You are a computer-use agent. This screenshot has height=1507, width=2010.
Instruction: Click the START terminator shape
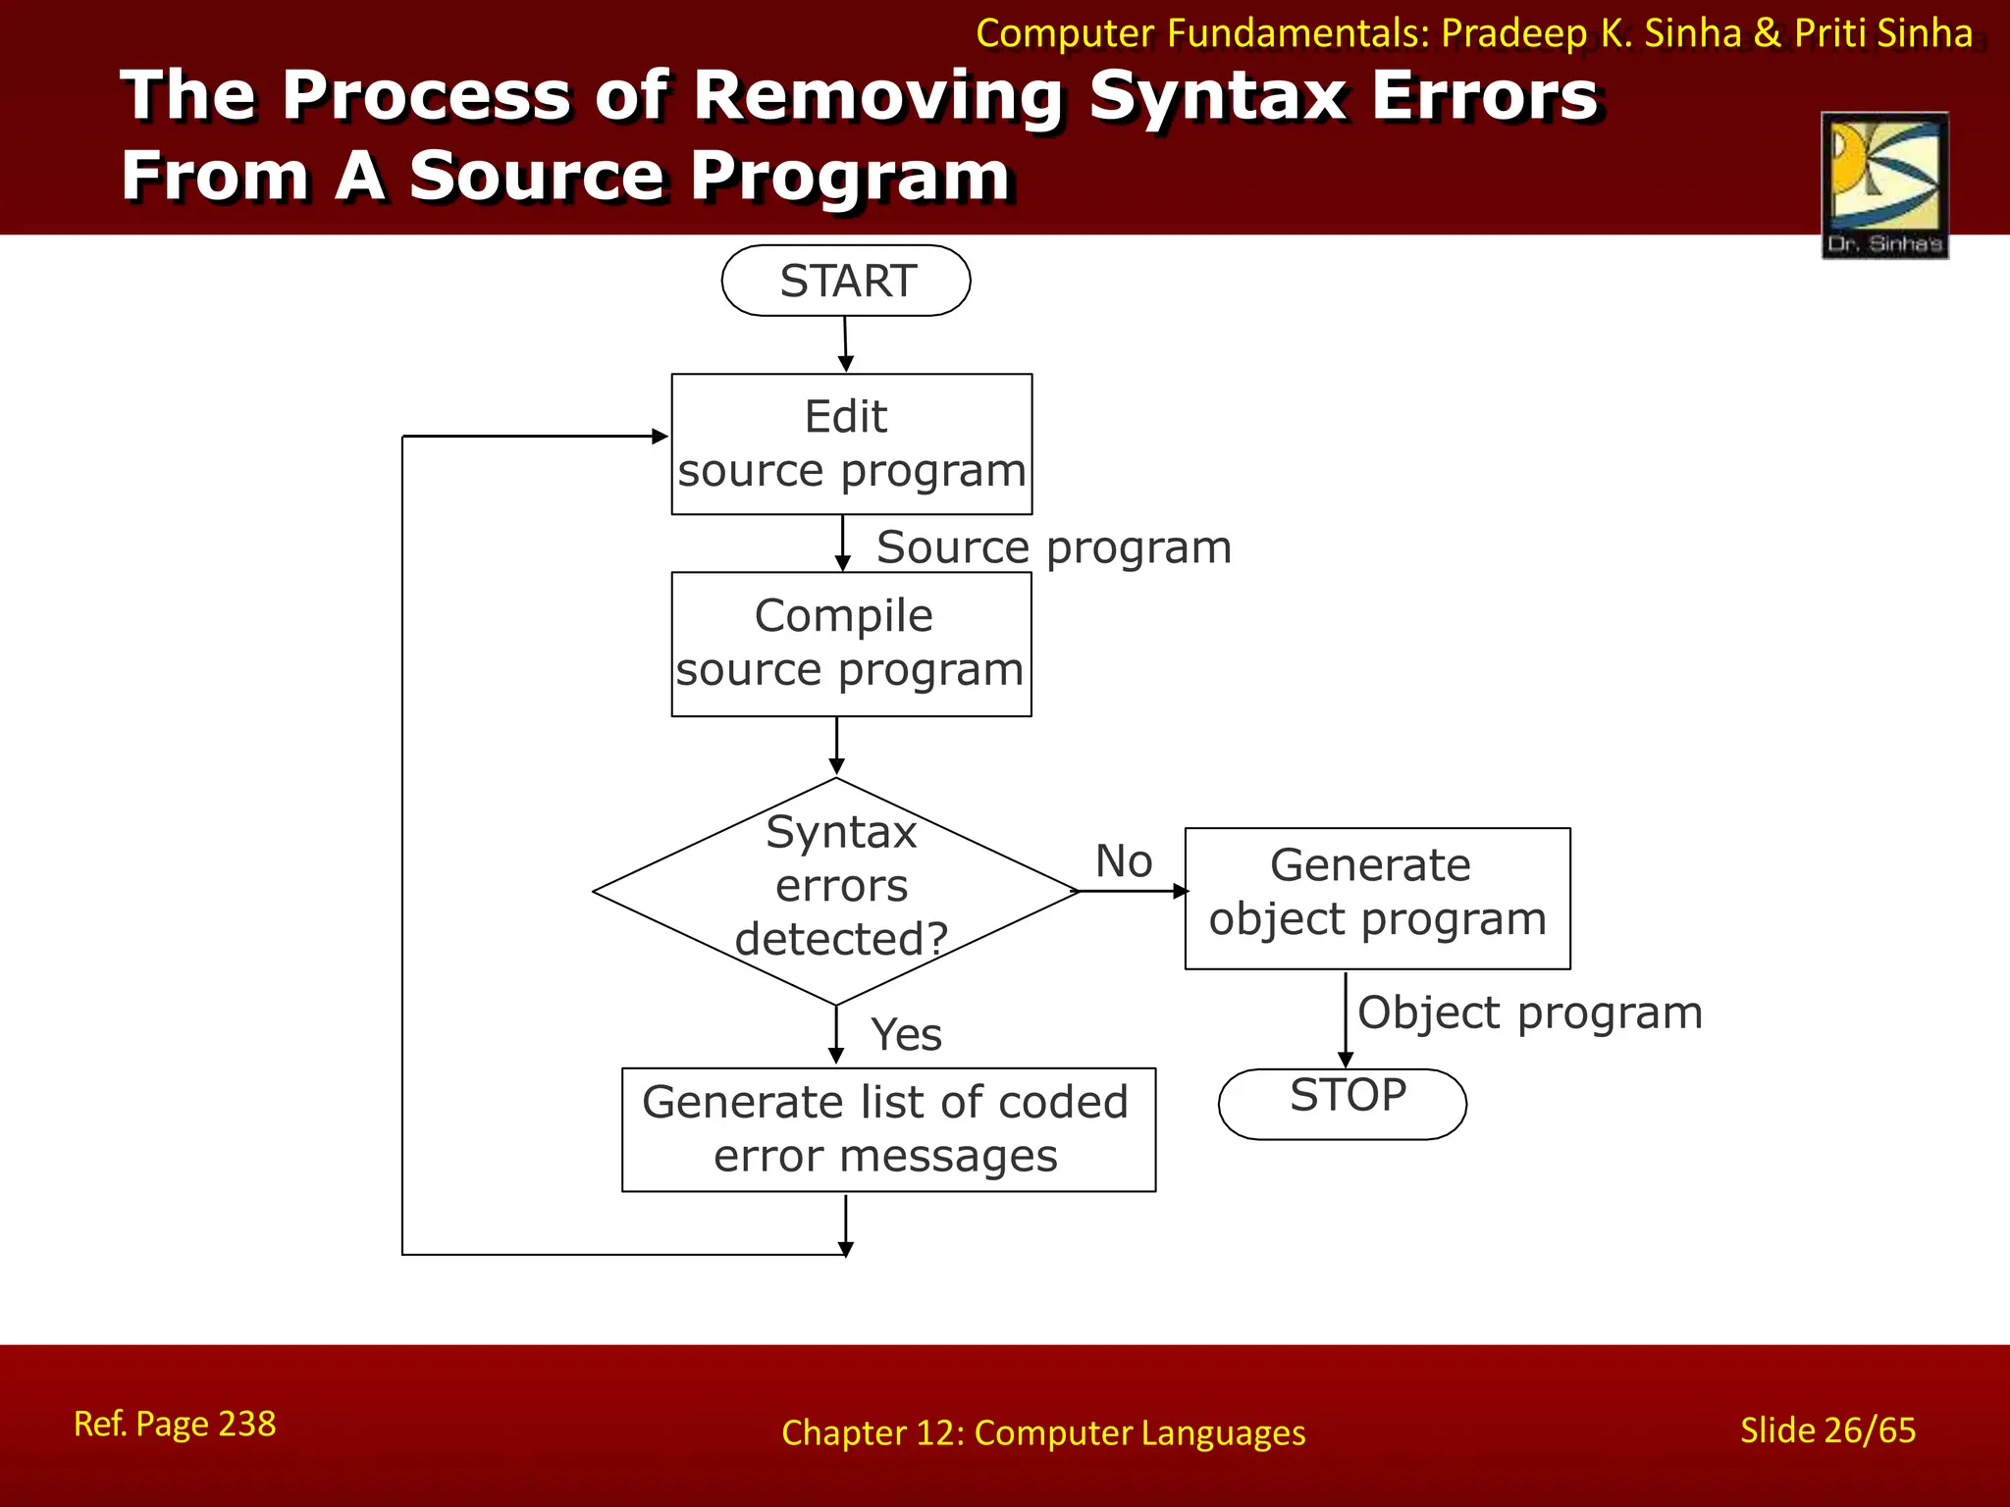(x=846, y=281)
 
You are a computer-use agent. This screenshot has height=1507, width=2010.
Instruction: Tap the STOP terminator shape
(x=1343, y=1103)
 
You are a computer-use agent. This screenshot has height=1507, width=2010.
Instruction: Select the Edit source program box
(x=851, y=443)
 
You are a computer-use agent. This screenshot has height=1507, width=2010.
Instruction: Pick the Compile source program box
(x=851, y=644)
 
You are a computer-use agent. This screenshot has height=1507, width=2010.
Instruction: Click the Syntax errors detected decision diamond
(x=836, y=890)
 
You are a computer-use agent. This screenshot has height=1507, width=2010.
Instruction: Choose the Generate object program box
(x=1377, y=898)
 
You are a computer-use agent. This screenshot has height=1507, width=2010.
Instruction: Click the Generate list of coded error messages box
(x=888, y=1129)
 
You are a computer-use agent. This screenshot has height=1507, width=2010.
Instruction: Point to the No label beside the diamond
(x=1124, y=860)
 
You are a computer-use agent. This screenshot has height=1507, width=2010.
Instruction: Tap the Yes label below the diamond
(x=906, y=1034)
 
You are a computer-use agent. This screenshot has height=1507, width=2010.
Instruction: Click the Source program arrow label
(x=1053, y=546)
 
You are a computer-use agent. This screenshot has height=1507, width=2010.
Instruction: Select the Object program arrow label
(x=1529, y=1012)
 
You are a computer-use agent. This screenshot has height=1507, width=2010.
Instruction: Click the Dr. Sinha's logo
(x=1884, y=184)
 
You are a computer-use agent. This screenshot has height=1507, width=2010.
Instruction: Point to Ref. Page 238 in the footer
(x=175, y=1423)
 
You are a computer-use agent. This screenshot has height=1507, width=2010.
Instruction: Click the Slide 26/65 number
(x=1827, y=1429)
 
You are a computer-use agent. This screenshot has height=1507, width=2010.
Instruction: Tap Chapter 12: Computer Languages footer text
(x=1043, y=1432)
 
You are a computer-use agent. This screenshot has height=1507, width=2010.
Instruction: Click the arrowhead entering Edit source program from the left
(x=660, y=436)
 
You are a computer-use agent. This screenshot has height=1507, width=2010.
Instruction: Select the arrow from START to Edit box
(x=845, y=343)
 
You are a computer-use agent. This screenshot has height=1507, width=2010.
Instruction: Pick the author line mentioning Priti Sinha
(x=1473, y=33)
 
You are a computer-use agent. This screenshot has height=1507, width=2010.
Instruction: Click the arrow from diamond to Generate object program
(x=1133, y=891)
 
